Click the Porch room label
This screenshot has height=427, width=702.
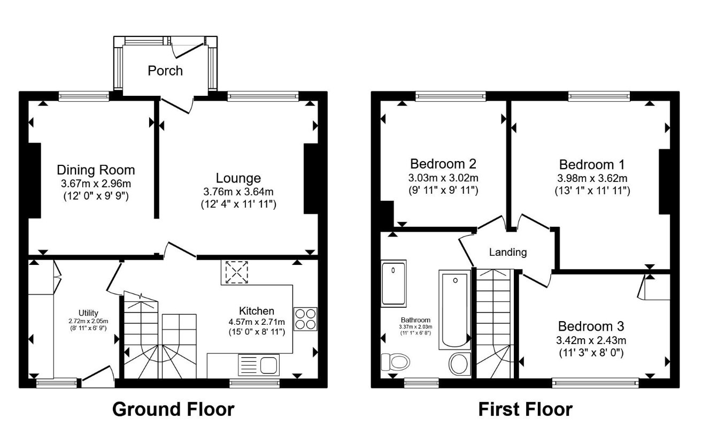(165, 71)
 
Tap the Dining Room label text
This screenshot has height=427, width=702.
(96, 170)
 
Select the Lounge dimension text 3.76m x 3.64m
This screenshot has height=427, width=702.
(238, 192)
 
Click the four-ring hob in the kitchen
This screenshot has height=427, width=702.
(305, 319)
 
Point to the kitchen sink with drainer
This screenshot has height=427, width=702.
(259, 365)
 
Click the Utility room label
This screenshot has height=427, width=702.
(88, 313)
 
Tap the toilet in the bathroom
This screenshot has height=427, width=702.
(396, 362)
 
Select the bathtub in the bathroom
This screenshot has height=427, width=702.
(455, 310)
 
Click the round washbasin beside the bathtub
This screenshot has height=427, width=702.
(460, 364)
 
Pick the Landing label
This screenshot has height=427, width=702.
(508, 252)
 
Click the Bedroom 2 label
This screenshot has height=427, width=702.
(443, 164)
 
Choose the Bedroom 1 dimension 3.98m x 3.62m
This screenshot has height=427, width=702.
(592, 178)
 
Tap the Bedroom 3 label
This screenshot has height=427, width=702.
(591, 326)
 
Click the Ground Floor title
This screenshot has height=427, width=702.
(173, 409)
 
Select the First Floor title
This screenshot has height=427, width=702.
(526, 409)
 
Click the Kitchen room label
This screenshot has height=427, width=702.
(257, 311)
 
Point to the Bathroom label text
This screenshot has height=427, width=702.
(415, 320)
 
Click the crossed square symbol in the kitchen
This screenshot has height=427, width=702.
(237, 272)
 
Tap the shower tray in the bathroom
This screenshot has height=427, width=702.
(394, 283)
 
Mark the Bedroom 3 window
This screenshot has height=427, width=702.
(596, 383)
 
